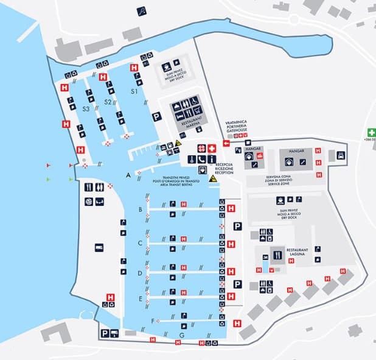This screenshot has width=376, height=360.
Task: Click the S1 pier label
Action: point(134,91)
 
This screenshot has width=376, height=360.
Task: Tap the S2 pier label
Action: point(108,102)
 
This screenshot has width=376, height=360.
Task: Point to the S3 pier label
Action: point(86,108)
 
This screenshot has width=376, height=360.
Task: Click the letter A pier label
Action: point(128,175)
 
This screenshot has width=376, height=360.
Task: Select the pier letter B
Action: point(141,210)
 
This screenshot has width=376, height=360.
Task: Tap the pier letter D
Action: point(140,274)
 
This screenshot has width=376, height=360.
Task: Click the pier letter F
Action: point(152,320)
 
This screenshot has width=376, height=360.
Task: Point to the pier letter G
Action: point(181,336)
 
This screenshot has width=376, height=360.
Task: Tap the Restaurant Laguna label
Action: point(298,252)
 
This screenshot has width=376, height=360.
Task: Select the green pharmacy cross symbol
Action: point(371,132)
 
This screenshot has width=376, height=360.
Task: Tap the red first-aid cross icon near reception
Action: point(211,148)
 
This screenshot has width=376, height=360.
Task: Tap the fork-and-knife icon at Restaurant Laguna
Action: point(278,255)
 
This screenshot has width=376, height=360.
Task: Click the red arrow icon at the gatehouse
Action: point(226,144)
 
